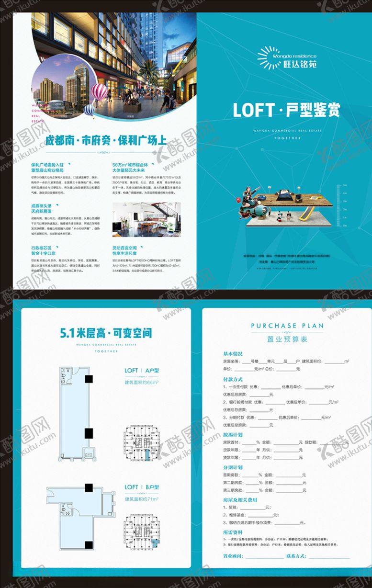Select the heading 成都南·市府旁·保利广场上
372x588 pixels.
(106, 141)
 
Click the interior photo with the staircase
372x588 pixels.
(147, 219)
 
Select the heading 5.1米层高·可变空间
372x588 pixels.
(106, 332)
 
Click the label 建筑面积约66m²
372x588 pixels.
(142, 383)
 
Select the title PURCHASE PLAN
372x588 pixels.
(287, 326)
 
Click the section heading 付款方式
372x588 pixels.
(233, 379)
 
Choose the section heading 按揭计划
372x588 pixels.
(233, 435)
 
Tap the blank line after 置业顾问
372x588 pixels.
(264, 556)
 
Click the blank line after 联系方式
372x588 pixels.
(329, 556)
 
